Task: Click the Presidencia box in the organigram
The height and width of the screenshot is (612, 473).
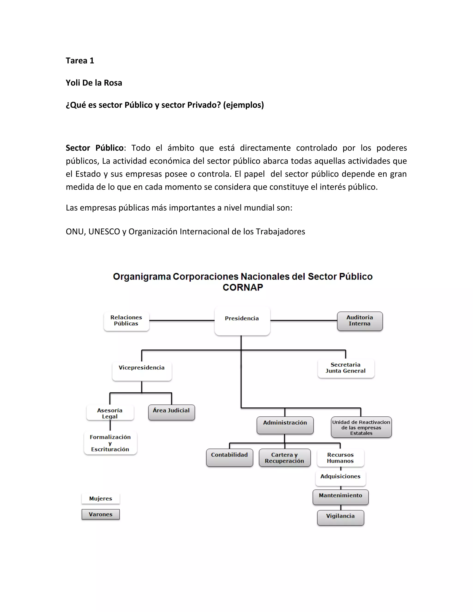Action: (x=242, y=321)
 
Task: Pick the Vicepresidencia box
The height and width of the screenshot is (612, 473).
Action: (x=142, y=370)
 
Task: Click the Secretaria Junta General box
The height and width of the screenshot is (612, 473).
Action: (x=346, y=368)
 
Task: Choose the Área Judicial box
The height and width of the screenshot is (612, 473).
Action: (x=172, y=412)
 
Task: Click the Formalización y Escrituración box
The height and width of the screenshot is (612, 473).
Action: (x=110, y=443)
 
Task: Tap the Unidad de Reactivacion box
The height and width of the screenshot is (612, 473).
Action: (x=361, y=427)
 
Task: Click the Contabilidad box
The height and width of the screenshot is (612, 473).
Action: (x=230, y=457)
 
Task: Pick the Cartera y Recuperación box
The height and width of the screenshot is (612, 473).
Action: (x=285, y=457)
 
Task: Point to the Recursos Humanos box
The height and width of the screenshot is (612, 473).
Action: (x=340, y=457)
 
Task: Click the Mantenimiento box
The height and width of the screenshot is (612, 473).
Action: (x=340, y=497)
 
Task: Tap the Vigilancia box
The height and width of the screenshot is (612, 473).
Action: (x=340, y=517)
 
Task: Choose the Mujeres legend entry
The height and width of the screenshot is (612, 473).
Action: (x=101, y=499)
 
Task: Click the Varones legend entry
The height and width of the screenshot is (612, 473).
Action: (x=101, y=514)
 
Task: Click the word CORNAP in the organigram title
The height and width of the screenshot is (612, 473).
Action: (x=243, y=288)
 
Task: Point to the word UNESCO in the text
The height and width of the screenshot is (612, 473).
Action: (x=104, y=231)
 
